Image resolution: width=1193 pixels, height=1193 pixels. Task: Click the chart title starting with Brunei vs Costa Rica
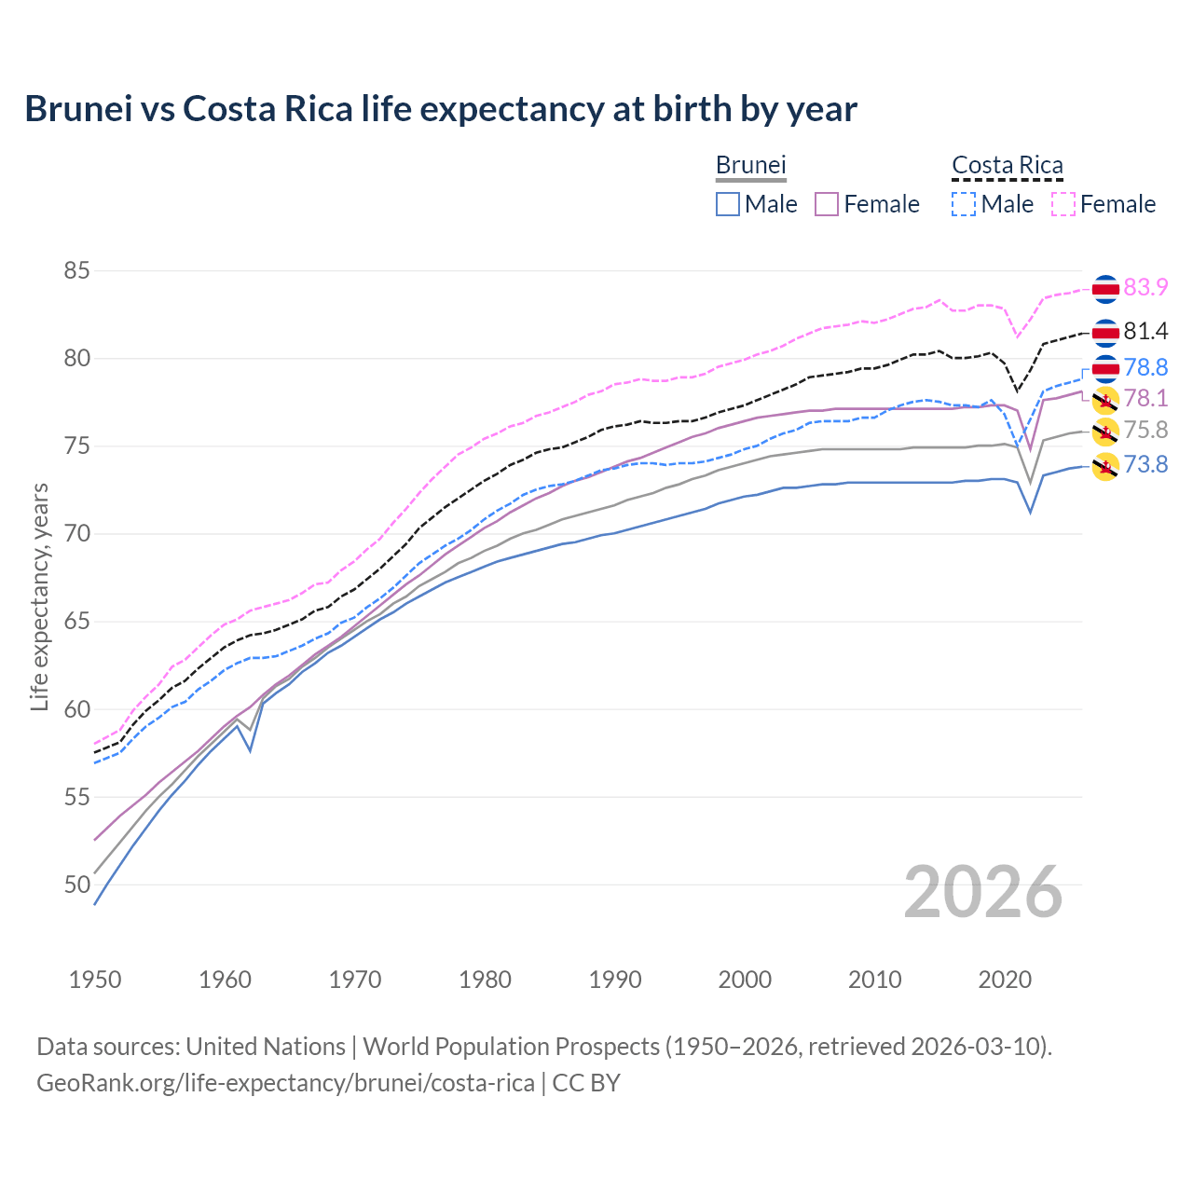[440, 109]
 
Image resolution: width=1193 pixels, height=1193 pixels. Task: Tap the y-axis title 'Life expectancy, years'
[39, 596]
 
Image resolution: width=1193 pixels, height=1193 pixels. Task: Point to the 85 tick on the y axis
[76, 271]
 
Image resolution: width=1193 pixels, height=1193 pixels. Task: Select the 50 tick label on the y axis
[76, 884]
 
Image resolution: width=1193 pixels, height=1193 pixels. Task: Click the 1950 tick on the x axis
[95, 980]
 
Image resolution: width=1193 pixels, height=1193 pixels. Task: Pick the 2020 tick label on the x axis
[1005, 980]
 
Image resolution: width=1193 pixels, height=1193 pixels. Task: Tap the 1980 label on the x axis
[485, 980]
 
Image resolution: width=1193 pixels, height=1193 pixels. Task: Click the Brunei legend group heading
[750, 165]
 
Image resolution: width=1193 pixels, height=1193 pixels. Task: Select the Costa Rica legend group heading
[1007, 165]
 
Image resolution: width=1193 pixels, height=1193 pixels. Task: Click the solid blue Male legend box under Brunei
[728, 204]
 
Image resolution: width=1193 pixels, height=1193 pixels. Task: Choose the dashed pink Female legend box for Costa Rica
[1063, 204]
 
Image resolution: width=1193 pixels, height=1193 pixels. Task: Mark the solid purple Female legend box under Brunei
[827, 204]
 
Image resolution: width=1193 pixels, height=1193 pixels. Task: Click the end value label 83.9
[1145, 287]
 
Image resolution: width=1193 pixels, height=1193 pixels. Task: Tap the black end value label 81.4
[1145, 331]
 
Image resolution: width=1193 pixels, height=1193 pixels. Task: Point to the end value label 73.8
[1145, 464]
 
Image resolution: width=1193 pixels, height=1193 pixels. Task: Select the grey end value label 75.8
[1145, 430]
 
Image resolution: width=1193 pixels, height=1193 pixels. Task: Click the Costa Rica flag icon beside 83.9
[1105, 289]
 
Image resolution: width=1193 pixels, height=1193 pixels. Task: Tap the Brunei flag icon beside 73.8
[1105, 466]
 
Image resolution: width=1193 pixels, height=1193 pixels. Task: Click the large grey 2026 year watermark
[983, 892]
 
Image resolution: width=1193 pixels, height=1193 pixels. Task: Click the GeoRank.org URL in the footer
[285, 1083]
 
